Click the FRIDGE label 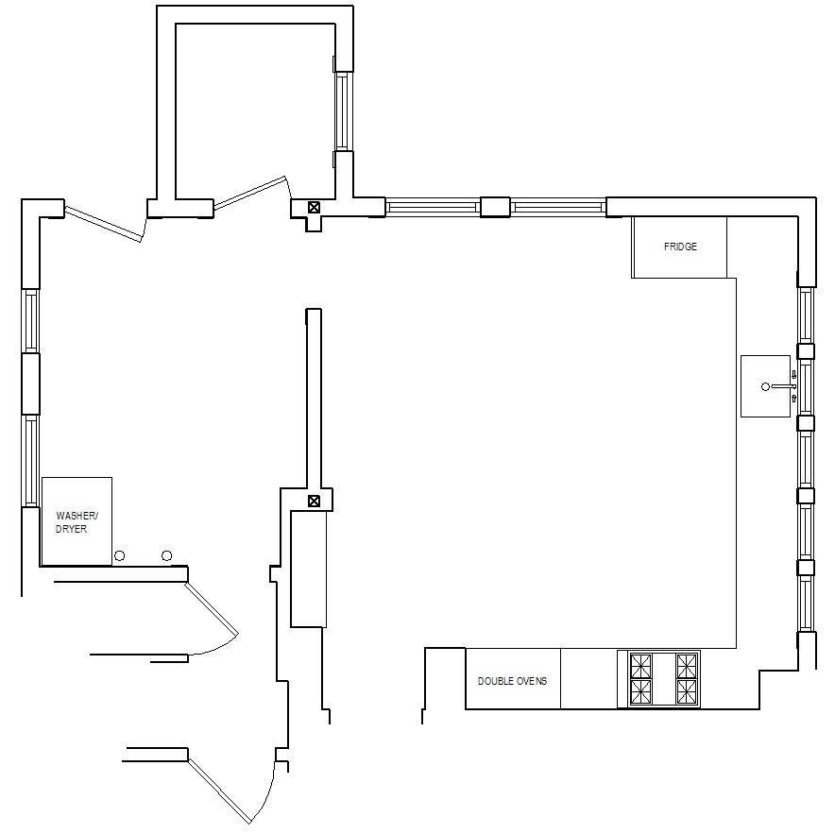[x=680, y=247]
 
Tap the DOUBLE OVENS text [x=512, y=681]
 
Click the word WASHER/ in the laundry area [x=77, y=516]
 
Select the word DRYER [x=72, y=529]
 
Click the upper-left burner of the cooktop [x=640, y=666]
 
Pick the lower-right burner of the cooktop [x=687, y=691]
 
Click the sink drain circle [x=765, y=386]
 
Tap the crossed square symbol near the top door [x=315, y=207]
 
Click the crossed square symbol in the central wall [x=315, y=501]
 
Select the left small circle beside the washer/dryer [x=120, y=556]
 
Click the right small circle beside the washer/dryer [x=166, y=556]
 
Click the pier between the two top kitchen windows [x=495, y=207]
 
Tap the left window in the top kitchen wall [x=433, y=207]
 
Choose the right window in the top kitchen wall [x=558, y=207]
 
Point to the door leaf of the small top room [x=250, y=193]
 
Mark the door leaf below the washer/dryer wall [x=212, y=609]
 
